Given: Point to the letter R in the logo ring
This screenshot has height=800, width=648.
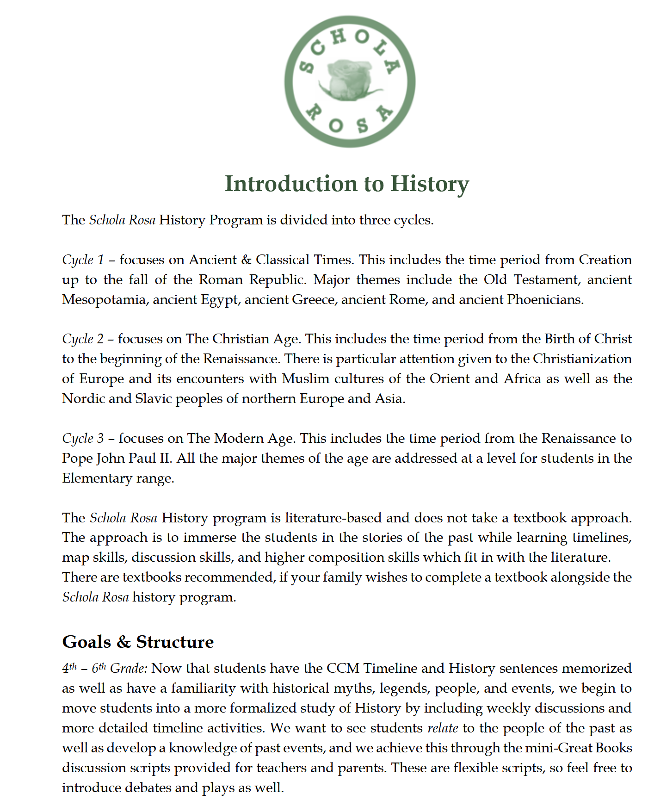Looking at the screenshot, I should point(315,112).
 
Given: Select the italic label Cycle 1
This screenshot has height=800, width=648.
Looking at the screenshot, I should point(83,260).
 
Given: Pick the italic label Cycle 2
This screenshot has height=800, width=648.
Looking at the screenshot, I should point(83,339).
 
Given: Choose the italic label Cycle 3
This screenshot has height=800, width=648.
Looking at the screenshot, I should point(83,439).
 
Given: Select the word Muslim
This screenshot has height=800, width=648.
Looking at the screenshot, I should point(306,379).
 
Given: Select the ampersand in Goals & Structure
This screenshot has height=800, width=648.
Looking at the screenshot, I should point(123,642).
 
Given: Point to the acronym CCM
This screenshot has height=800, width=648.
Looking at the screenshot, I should point(343,669).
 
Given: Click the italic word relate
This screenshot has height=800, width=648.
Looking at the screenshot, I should point(443,728).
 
